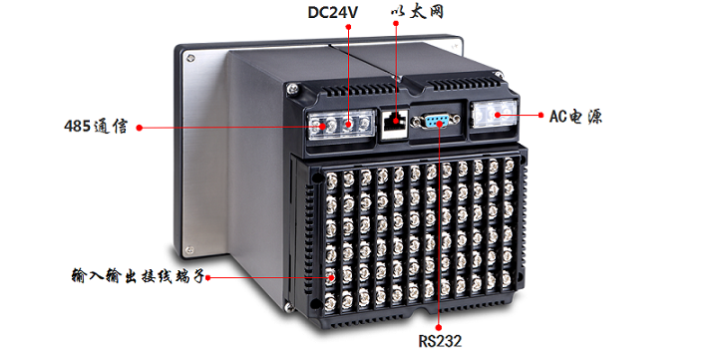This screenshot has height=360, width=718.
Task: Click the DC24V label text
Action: [x=332, y=12]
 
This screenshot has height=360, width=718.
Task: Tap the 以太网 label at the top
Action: [x=417, y=12]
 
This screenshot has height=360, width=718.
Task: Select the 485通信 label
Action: [x=96, y=126]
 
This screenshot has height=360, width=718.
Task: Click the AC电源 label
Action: [x=575, y=117]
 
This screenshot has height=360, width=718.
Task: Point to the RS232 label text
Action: [x=440, y=341]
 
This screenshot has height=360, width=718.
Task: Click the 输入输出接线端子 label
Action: [x=138, y=275]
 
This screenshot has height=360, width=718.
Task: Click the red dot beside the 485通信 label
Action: [x=140, y=128]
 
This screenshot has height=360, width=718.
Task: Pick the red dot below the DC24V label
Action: [x=348, y=27]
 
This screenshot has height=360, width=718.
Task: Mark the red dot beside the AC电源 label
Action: [x=540, y=115]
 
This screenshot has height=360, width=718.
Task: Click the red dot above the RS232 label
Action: [x=438, y=327]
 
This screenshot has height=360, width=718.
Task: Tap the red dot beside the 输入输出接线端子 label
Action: [x=207, y=277]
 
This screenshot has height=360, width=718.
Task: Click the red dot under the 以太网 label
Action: [x=396, y=23]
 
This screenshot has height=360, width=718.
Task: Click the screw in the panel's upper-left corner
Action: [x=190, y=58]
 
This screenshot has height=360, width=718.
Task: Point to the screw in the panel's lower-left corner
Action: [x=188, y=250]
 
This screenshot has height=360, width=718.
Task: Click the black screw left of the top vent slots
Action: [x=292, y=89]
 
